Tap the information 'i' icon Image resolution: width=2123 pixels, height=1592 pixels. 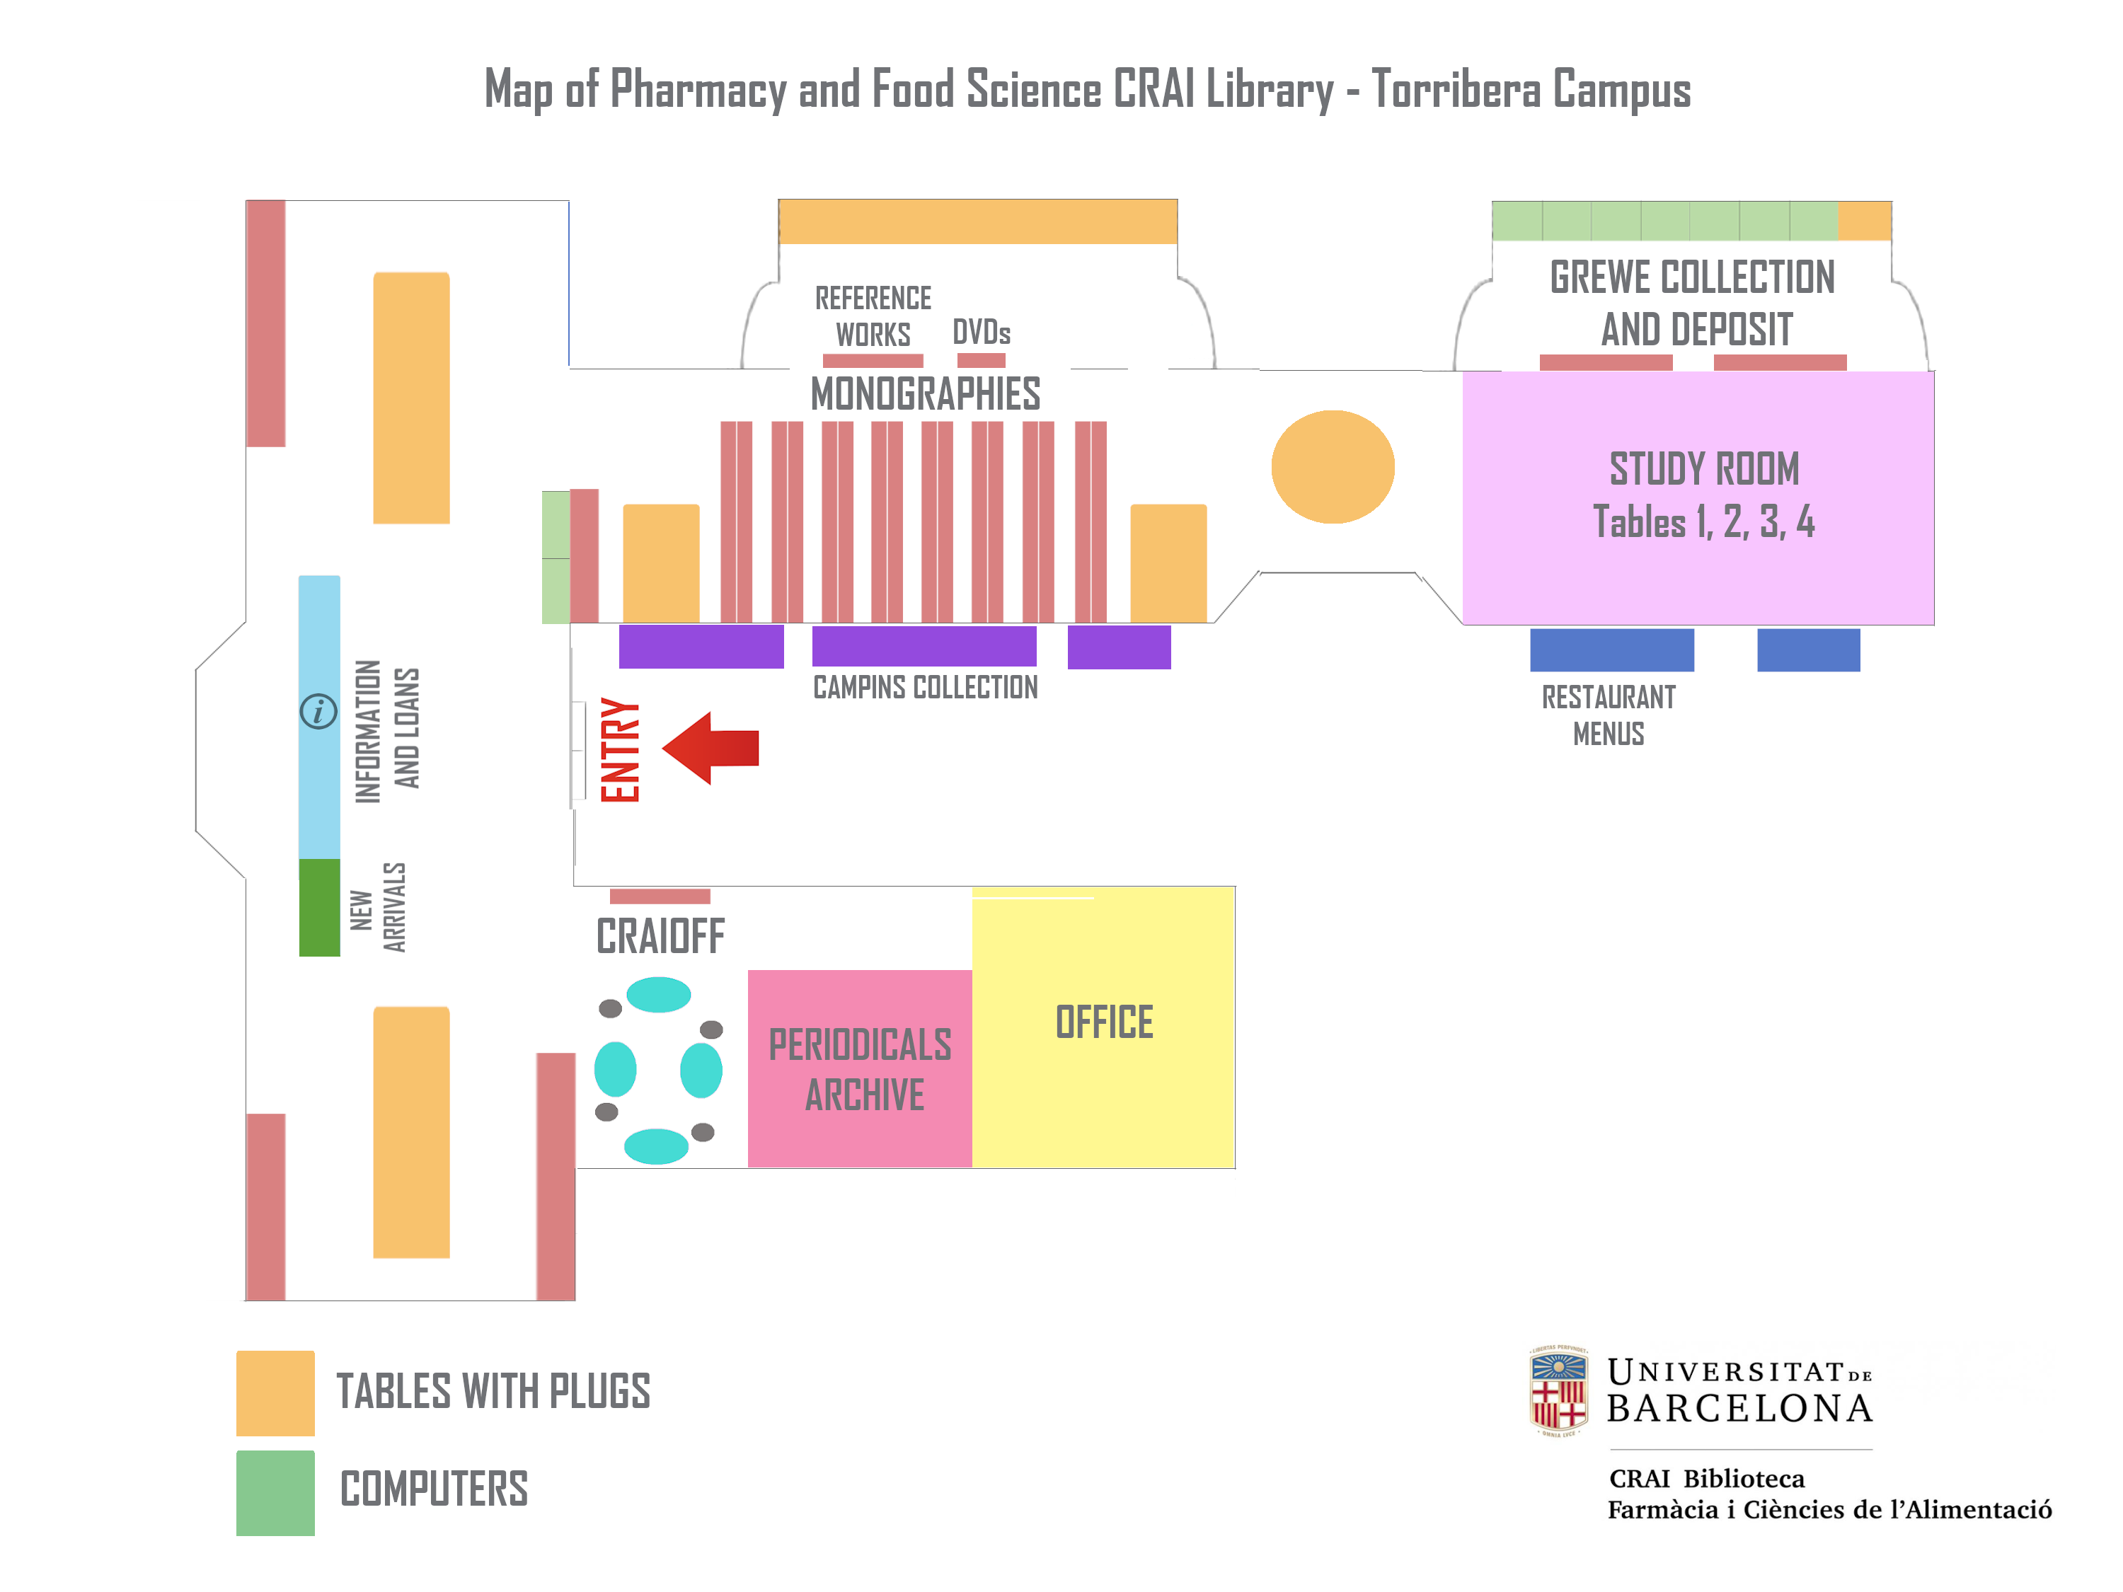click(318, 712)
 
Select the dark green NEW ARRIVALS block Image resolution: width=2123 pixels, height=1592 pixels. click(320, 908)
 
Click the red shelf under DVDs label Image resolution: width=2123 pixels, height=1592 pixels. click(981, 361)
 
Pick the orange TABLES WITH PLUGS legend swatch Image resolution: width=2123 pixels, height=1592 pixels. click(275, 1393)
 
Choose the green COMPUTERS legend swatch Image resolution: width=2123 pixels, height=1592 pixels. click(275, 1493)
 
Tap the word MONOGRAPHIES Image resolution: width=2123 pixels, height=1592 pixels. click(925, 394)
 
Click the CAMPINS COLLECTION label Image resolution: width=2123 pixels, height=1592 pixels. click(925, 687)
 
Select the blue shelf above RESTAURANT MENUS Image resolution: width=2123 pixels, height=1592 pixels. click(1611, 650)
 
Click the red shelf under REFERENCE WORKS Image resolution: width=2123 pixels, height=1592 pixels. click(873, 361)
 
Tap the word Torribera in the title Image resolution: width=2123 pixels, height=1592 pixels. click(1455, 89)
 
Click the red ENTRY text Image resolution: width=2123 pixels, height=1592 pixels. click(620, 749)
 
